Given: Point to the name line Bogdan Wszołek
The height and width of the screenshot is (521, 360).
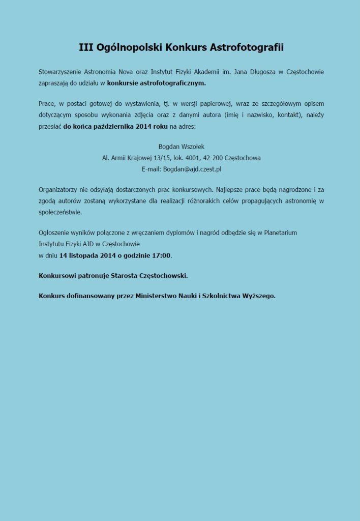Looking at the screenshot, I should (181, 147).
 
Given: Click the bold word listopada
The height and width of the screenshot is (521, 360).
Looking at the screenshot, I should (86, 254).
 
